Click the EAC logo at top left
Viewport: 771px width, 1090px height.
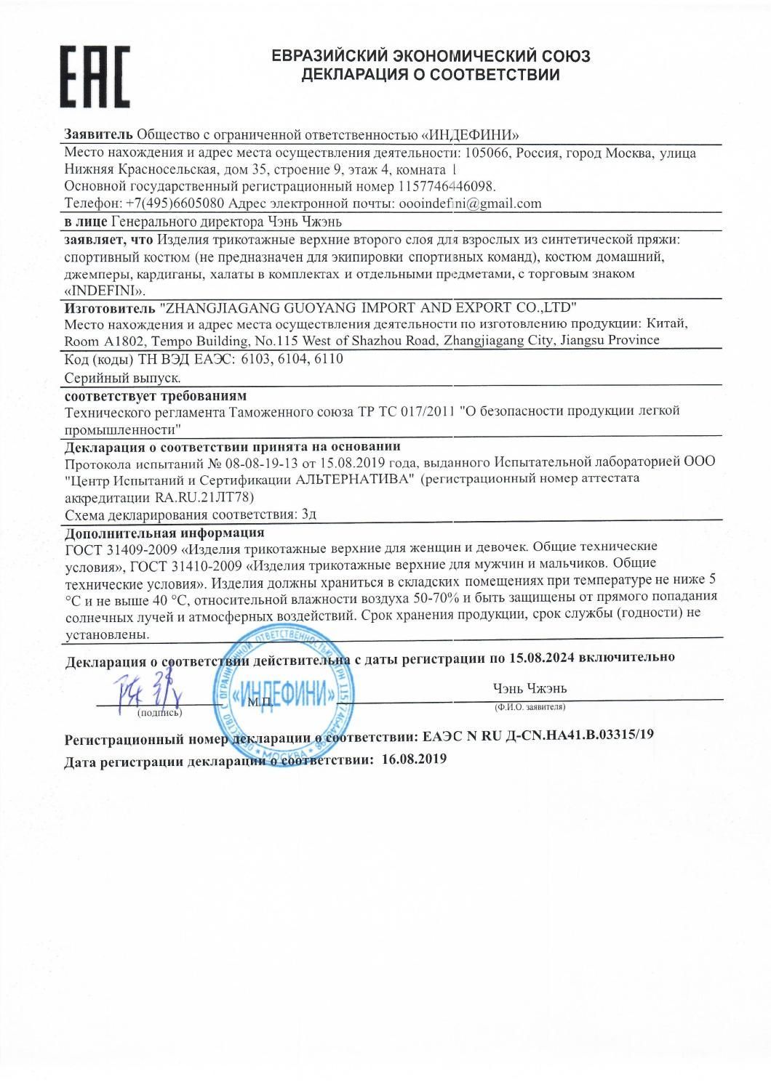pos(95,76)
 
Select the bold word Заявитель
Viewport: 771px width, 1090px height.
pos(98,134)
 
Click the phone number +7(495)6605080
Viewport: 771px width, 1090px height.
pos(175,203)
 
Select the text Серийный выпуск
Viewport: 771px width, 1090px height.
pos(122,377)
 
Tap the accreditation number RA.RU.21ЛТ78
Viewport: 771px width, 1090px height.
pos(204,496)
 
